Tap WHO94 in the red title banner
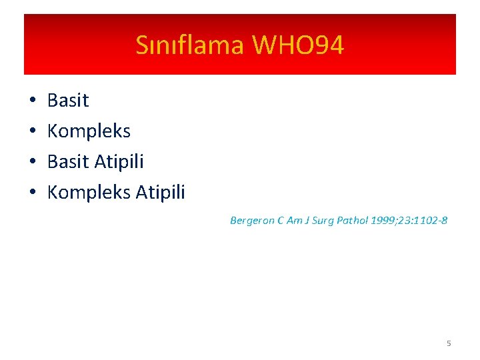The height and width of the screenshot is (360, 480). point(298,45)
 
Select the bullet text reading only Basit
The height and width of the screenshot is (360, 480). point(68,101)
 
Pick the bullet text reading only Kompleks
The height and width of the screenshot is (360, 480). point(89,131)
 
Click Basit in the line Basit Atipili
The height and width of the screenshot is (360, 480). point(68,162)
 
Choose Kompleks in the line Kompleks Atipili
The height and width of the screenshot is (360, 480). point(89,193)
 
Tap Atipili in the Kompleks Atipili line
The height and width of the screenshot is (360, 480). point(160,193)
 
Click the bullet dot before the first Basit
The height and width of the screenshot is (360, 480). point(32,101)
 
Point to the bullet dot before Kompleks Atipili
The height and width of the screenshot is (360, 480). point(32,193)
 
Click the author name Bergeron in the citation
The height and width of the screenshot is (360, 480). point(252,221)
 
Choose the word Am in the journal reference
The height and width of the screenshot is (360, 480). point(293,221)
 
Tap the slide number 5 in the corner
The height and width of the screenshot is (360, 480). point(449,343)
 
